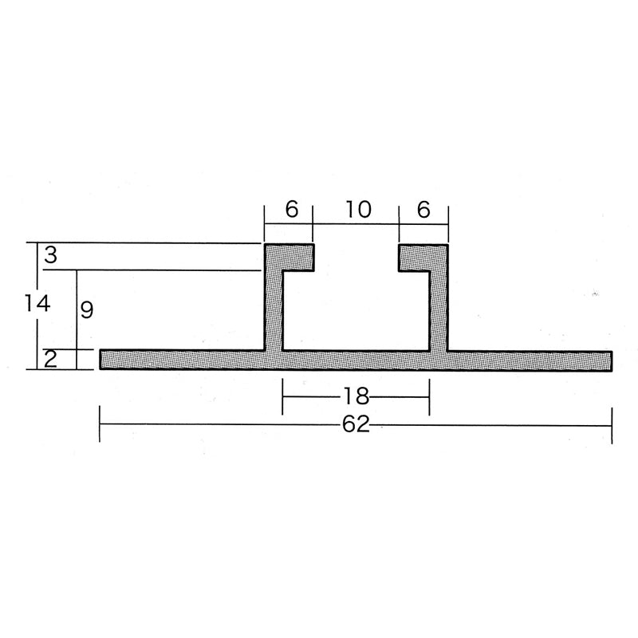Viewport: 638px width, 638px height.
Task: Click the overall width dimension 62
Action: (356, 424)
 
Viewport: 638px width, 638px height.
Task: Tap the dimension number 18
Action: (356, 396)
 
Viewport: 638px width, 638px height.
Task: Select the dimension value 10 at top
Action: (358, 210)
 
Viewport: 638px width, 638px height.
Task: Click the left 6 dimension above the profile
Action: (292, 210)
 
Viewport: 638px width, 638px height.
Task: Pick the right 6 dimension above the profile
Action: (423, 210)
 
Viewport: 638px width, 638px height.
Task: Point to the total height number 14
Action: (37, 304)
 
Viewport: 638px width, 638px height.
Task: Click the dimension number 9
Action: (87, 310)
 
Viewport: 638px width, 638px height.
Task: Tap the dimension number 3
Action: (51, 254)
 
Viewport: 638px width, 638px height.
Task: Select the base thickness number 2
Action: (50, 360)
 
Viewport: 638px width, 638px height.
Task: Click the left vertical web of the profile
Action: (274, 309)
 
